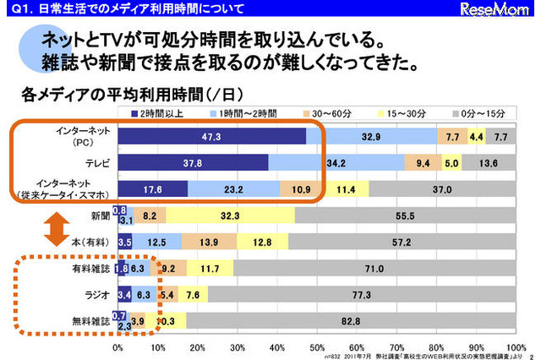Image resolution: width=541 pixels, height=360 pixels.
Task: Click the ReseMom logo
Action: (505, 11)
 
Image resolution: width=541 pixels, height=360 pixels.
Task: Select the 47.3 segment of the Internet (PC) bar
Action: (211, 136)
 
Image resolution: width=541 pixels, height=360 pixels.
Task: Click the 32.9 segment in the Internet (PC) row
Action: (371, 136)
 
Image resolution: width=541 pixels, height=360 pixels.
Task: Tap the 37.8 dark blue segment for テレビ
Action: (193, 163)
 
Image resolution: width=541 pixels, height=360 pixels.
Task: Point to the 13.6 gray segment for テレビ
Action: (487, 163)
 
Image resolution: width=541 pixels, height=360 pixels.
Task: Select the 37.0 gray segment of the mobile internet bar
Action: (440, 190)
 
